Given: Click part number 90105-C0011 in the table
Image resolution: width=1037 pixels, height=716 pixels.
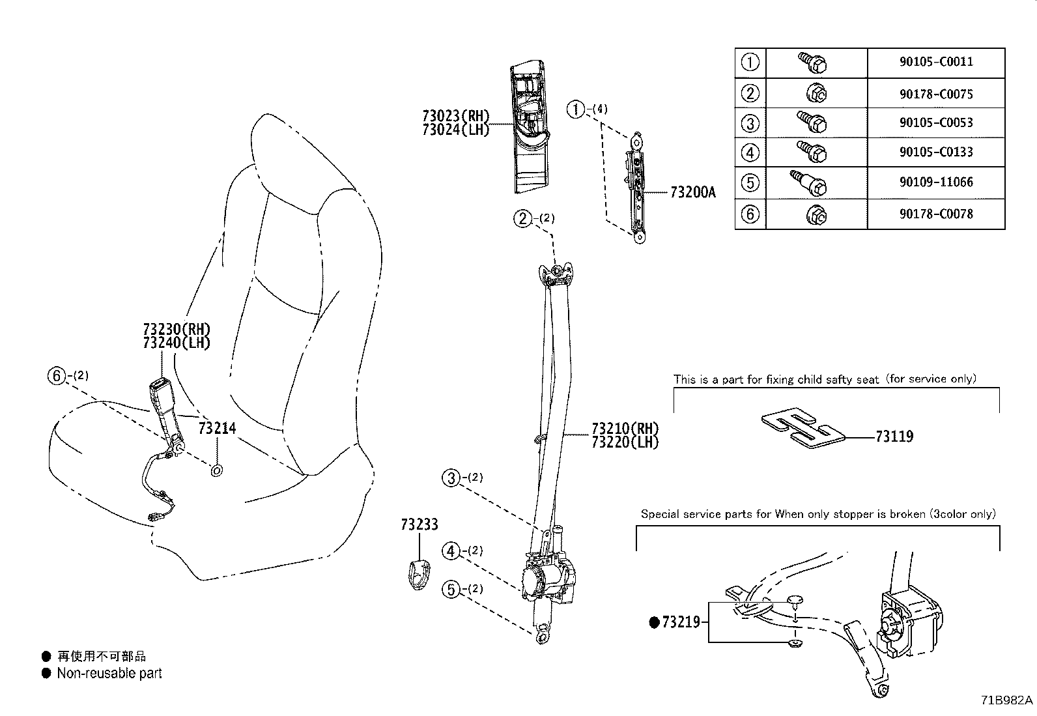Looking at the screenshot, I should point(936,63).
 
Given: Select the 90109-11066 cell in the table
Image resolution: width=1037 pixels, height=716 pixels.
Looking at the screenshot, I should point(936,182).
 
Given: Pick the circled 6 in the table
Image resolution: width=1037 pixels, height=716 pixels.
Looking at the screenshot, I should point(750,214).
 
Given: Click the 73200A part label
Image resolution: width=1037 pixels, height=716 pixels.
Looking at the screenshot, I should point(692,192).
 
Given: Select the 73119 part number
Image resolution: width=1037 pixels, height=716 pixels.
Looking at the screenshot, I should point(894,437).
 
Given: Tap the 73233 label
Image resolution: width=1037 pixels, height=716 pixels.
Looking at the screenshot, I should point(419,524).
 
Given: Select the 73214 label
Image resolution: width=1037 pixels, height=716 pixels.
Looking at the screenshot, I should point(217,428).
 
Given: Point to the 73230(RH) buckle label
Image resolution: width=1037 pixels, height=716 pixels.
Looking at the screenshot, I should point(177,329).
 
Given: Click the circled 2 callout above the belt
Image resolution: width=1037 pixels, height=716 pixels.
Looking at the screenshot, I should point(523,218).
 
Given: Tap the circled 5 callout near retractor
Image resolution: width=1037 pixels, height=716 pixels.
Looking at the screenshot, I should point(451,590).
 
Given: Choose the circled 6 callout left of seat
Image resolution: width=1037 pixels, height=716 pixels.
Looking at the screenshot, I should point(57,375).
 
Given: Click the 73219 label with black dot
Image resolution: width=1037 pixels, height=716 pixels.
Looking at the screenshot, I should point(680,622).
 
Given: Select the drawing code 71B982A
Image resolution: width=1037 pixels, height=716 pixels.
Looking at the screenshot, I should point(1007,700).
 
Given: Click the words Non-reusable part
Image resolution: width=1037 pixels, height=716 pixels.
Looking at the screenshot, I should point(109,674).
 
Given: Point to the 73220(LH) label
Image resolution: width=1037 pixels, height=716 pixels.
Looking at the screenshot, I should point(625,442).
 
